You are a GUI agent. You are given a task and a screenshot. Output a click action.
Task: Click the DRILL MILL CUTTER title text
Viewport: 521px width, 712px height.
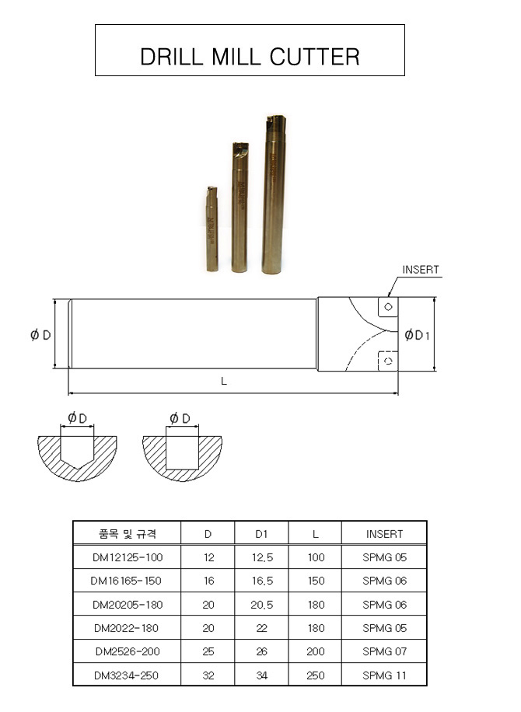tap(250, 56)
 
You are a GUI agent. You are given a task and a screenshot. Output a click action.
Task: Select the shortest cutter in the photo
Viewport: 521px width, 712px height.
tap(212, 229)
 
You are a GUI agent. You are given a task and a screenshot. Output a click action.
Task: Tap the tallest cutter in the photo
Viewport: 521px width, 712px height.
tap(274, 194)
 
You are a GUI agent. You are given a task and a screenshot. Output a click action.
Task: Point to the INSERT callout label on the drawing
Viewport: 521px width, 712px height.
tap(420, 270)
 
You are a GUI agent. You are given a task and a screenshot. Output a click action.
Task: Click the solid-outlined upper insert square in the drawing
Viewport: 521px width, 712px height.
tap(387, 306)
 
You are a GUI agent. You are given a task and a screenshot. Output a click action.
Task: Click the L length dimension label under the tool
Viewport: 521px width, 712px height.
tap(224, 381)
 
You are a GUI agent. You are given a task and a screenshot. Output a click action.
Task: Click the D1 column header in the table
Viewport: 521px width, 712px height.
tap(261, 534)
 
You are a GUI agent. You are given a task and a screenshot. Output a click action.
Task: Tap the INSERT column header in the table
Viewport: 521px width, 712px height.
tap(384, 534)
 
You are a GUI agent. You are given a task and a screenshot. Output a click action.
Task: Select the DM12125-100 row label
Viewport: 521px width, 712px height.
tap(127, 557)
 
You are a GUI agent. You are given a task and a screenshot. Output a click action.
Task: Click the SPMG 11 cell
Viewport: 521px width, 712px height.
tap(384, 675)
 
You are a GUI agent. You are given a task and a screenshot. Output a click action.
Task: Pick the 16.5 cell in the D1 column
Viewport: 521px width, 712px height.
tap(261, 581)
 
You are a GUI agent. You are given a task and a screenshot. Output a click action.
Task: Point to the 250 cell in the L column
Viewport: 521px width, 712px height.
tap(315, 675)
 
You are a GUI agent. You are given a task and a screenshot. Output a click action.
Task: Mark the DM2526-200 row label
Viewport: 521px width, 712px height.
tap(127, 651)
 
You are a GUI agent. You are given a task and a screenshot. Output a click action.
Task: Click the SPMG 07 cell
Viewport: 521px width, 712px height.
tap(384, 651)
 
